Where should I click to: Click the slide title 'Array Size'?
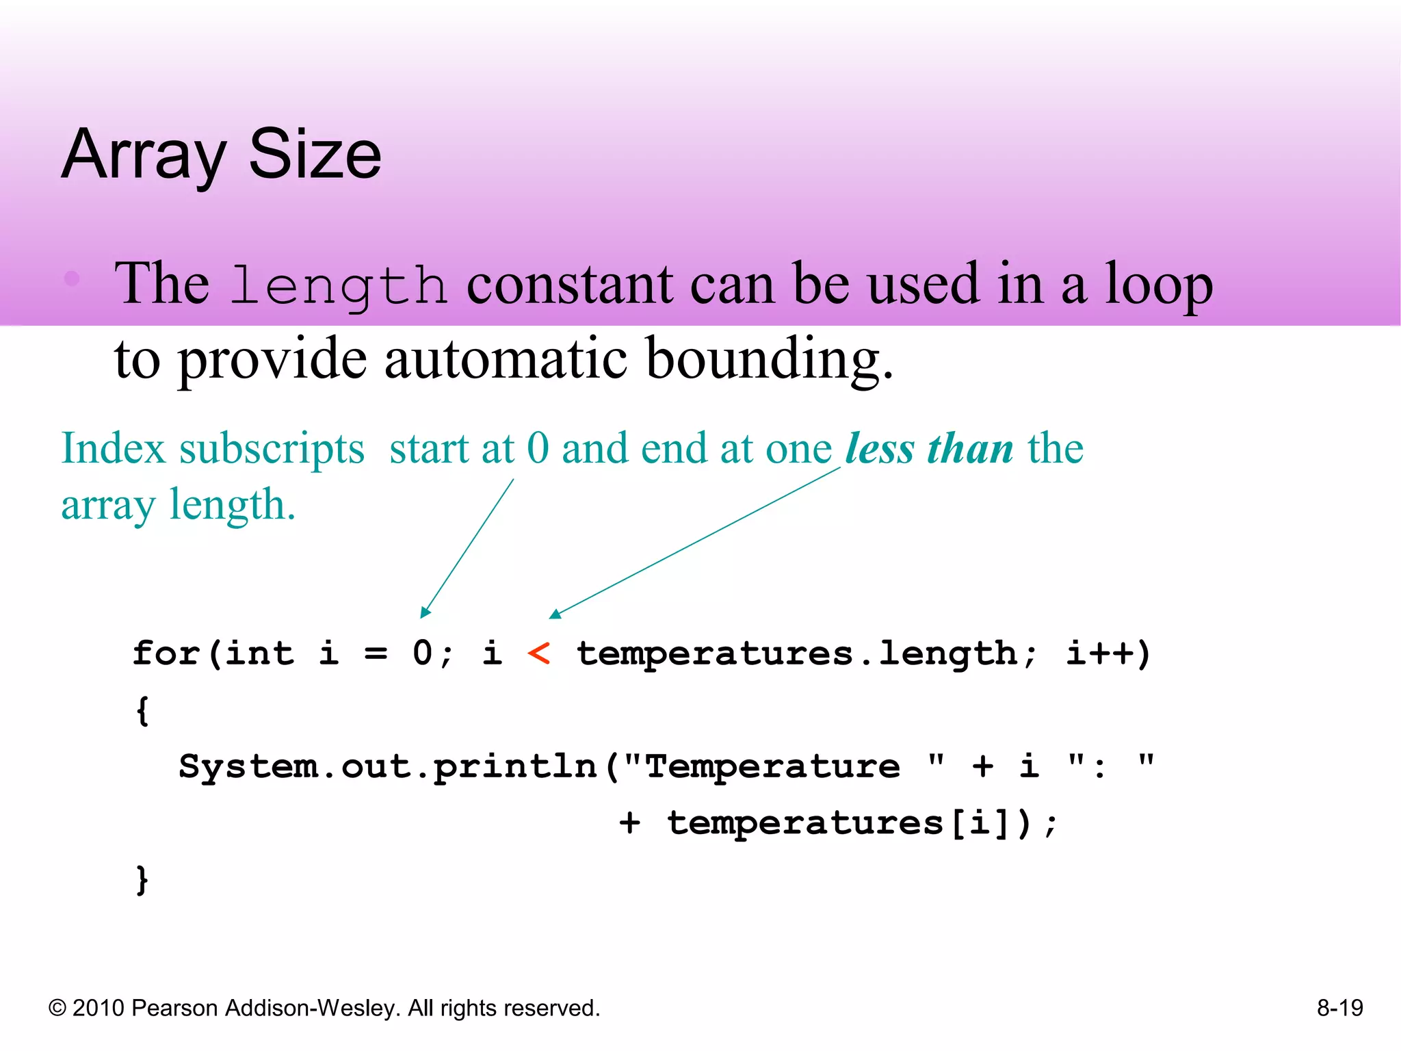(x=221, y=155)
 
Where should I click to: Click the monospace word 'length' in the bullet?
(x=339, y=285)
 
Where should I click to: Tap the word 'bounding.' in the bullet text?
(x=769, y=359)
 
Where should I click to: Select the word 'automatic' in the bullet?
(x=506, y=359)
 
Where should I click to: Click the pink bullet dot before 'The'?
(x=72, y=278)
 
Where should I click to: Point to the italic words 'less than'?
(x=929, y=449)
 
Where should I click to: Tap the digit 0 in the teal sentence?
(x=538, y=449)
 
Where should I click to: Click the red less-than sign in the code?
(x=538, y=654)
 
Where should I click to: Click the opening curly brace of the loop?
(x=142, y=710)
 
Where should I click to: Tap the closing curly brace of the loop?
(x=142, y=880)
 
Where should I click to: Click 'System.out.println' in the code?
(x=388, y=766)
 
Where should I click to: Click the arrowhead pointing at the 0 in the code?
(x=424, y=612)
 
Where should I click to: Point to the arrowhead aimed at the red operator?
(x=555, y=614)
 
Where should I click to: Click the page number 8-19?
(x=1339, y=1008)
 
